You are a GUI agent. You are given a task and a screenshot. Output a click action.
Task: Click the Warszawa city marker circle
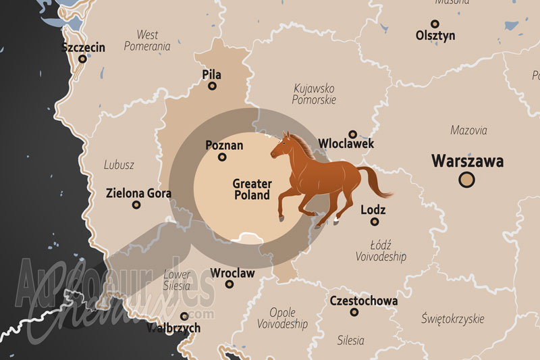(466, 180)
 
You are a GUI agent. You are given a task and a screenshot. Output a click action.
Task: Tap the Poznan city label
(224, 145)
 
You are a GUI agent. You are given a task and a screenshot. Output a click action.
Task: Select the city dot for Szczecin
(83, 59)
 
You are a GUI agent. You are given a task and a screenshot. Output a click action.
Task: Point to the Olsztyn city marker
(435, 48)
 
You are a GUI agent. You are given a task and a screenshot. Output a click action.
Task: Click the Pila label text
(212, 74)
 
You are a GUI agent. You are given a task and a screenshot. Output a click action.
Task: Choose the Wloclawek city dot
(352, 134)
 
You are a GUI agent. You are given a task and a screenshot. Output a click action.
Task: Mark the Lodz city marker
(375, 222)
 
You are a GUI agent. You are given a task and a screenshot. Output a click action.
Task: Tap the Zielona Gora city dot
(136, 205)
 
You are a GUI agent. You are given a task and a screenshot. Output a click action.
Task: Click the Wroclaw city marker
(230, 284)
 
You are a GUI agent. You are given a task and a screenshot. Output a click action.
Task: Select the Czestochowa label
(364, 301)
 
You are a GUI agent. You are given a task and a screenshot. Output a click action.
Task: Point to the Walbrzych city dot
(184, 316)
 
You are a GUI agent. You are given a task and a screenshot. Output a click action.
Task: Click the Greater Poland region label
(252, 189)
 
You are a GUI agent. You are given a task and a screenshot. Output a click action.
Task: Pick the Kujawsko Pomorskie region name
(314, 94)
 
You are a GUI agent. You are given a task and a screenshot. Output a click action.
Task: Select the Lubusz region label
(119, 165)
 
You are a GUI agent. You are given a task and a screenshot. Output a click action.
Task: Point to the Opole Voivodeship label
(282, 318)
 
